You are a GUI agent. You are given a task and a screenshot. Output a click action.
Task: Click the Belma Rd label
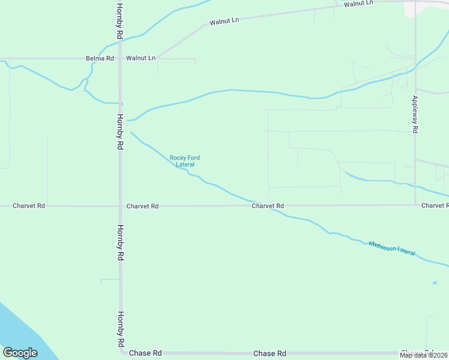coord(100,58)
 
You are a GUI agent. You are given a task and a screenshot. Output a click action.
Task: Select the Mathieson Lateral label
coord(391,248)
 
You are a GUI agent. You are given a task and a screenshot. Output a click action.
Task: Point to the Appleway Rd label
coord(415,114)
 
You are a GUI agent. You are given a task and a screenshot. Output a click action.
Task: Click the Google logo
coord(20,353)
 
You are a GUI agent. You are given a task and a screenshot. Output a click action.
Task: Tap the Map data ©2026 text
coord(424,355)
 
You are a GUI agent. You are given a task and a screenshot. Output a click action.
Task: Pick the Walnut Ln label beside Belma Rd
coord(140,58)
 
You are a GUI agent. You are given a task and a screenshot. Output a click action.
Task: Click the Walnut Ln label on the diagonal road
coord(224,22)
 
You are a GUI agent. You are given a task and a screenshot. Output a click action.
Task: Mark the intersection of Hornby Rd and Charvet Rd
coord(120,206)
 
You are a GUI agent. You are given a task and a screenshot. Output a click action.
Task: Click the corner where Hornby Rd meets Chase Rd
coord(121,353)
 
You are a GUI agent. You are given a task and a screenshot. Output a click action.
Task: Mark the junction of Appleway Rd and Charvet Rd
coord(415,205)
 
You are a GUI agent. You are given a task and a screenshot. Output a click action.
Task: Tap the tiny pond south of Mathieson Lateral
coord(434,283)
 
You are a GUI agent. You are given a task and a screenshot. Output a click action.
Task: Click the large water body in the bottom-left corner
coord(24,330)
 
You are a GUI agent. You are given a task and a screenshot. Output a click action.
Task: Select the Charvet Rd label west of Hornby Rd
coord(29,206)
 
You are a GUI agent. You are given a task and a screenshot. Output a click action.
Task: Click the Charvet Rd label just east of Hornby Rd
coord(142,206)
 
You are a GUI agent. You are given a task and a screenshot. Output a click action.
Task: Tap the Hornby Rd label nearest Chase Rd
coord(121,329)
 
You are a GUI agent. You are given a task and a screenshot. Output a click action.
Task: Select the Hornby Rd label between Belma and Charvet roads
coord(120,132)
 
